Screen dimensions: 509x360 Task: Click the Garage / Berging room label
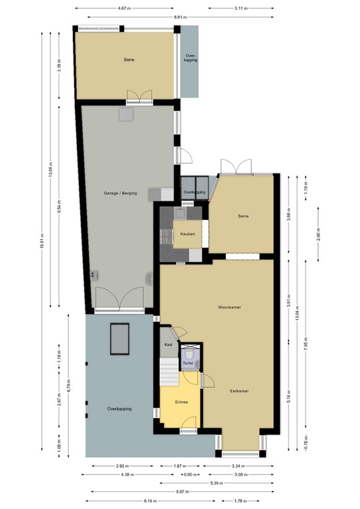click(120, 193)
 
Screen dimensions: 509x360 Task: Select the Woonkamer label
click(228, 308)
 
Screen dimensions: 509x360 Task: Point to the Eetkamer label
click(239, 391)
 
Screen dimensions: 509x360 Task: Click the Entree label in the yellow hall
click(181, 402)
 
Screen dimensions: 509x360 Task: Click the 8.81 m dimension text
click(180, 17)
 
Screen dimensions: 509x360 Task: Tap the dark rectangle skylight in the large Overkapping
click(120, 339)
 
